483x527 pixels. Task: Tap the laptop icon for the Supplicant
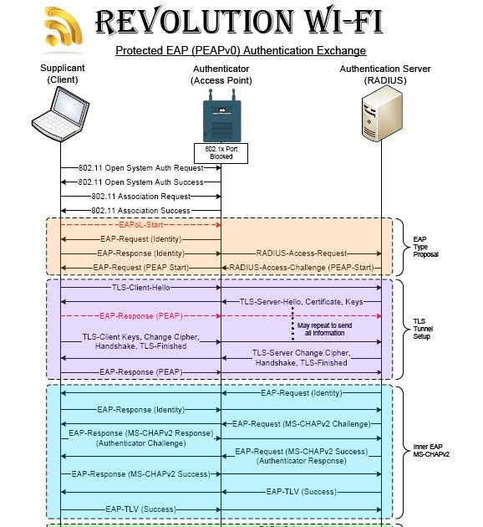(x=60, y=114)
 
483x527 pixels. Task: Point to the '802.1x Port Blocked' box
(x=221, y=152)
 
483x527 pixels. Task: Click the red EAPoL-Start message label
(x=140, y=225)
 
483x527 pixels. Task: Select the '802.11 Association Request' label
(x=140, y=196)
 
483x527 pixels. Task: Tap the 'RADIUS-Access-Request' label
(x=301, y=253)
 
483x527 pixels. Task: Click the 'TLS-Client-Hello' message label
(x=140, y=287)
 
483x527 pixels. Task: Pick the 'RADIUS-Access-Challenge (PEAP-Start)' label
(x=301, y=268)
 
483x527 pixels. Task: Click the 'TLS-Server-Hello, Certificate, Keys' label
(x=301, y=301)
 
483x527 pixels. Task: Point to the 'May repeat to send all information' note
(x=324, y=329)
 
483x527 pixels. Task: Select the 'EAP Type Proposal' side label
(x=425, y=247)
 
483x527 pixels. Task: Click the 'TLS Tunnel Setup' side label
(x=425, y=329)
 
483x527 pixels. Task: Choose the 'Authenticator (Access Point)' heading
(x=221, y=74)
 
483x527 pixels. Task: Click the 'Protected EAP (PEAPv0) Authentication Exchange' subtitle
(x=241, y=51)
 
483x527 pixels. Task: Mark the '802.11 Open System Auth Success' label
(x=140, y=182)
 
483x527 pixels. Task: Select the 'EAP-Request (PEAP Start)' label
(x=140, y=268)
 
